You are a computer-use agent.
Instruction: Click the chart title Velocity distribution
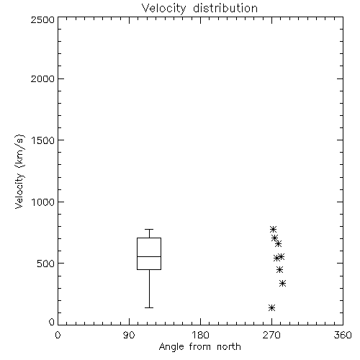coord(199,8)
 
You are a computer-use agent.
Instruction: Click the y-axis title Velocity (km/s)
coord(19,171)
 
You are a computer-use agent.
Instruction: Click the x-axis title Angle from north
coord(199,347)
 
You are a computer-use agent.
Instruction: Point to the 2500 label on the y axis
coord(42,19)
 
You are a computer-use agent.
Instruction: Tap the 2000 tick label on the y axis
coord(42,78)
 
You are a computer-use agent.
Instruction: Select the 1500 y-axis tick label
coord(43,140)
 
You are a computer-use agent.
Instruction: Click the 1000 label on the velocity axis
coord(43,202)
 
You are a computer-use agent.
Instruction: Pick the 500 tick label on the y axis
coord(46,264)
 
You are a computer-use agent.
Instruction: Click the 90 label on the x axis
coord(129,335)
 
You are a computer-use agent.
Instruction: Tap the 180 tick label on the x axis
coord(199,335)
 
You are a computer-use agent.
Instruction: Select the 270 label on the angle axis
coord(271,335)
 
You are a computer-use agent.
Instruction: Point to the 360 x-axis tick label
coord(343,335)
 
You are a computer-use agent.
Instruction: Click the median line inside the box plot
coord(149,256)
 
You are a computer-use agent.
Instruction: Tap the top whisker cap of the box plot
coord(149,230)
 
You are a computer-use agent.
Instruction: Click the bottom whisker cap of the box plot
coord(149,307)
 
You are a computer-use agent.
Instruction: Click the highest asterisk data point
coord(273,229)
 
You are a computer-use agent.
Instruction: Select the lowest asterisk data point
coord(271,307)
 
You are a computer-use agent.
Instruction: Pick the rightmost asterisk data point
coord(283,284)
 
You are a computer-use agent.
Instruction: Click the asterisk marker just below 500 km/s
coord(279,270)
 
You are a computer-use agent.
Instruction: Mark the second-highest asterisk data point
coord(274,238)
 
